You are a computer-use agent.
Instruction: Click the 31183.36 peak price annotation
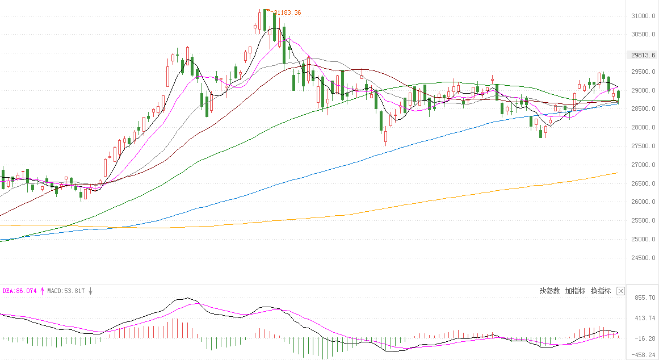pyautogui.click(x=287, y=12)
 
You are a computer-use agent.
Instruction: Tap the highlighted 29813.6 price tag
pyautogui.click(x=643, y=55)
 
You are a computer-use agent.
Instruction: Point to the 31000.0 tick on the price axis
pyautogui.click(x=643, y=16)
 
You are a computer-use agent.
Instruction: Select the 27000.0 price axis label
pyautogui.click(x=643, y=165)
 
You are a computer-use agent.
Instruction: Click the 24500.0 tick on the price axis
pyautogui.click(x=643, y=258)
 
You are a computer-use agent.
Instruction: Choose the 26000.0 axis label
pyautogui.click(x=643, y=202)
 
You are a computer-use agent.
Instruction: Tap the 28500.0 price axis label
pyautogui.click(x=643, y=109)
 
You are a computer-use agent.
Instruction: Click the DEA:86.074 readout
pyautogui.click(x=19, y=291)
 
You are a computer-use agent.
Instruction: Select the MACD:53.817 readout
pyautogui.click(x=66, y=291)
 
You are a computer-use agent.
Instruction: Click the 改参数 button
pyautogui.click(x=549, y=291)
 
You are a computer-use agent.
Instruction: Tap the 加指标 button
pyautogui.click(x=575, y=291)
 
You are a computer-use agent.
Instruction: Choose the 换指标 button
pyautogui.click(x=601, y=291)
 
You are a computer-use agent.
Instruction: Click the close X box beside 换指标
pyautogui.click(x=620, y=291)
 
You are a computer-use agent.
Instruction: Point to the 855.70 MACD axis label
pyautogui.click(x=645, y=298)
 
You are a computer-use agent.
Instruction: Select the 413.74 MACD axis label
pyautogui.click(x=645, y=318)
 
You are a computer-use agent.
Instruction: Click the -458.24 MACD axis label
pyautogui.click(x=645, y=355)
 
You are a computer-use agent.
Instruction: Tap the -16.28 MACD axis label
pyautogui.click(x=645, y=338)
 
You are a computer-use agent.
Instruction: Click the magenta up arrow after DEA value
pyautogui.click(x=41, y=291)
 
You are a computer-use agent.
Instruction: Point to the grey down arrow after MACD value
pyautogui.click(x=90, y=291)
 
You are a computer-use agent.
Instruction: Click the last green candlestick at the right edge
pyautogui.click(x=619, y=94)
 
